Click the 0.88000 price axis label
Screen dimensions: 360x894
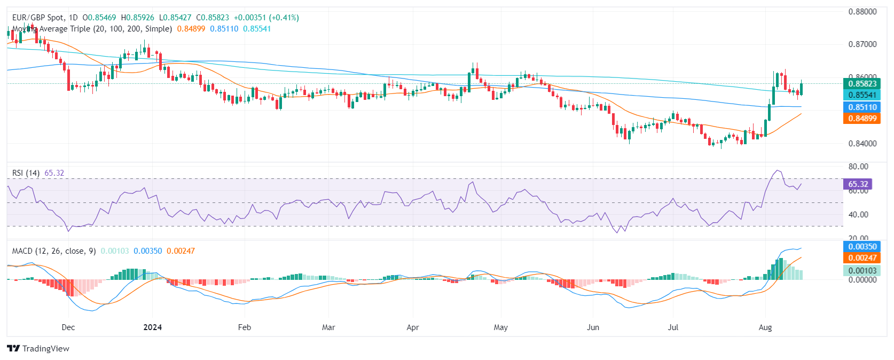862,12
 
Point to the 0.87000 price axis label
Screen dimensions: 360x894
862,44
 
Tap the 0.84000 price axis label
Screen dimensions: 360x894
862,143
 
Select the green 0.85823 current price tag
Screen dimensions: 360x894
862,83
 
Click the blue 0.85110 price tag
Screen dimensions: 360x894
862,107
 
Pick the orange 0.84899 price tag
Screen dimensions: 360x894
862,119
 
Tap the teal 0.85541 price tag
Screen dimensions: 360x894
862,95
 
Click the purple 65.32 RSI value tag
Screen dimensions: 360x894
858,184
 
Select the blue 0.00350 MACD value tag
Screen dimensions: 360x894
862,246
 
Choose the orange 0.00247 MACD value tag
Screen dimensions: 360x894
862,257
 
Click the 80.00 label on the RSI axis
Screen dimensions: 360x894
858,167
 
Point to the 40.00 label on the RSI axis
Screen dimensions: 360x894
858,215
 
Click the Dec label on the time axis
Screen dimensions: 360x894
68,327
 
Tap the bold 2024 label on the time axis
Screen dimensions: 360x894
153,327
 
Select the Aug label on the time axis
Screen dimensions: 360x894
765,327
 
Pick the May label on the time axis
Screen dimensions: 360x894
501,327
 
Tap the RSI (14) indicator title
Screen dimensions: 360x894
26,173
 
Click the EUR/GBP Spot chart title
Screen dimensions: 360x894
38,18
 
